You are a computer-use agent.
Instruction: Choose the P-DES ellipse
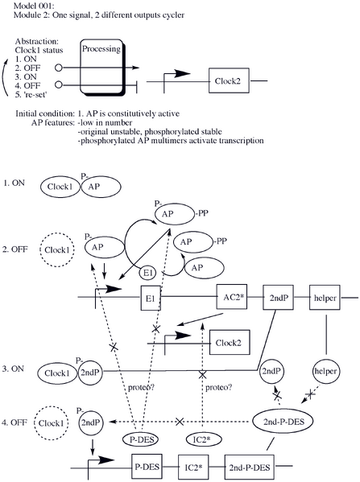coord(140,439)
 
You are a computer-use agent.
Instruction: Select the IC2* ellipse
coord(203,439)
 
